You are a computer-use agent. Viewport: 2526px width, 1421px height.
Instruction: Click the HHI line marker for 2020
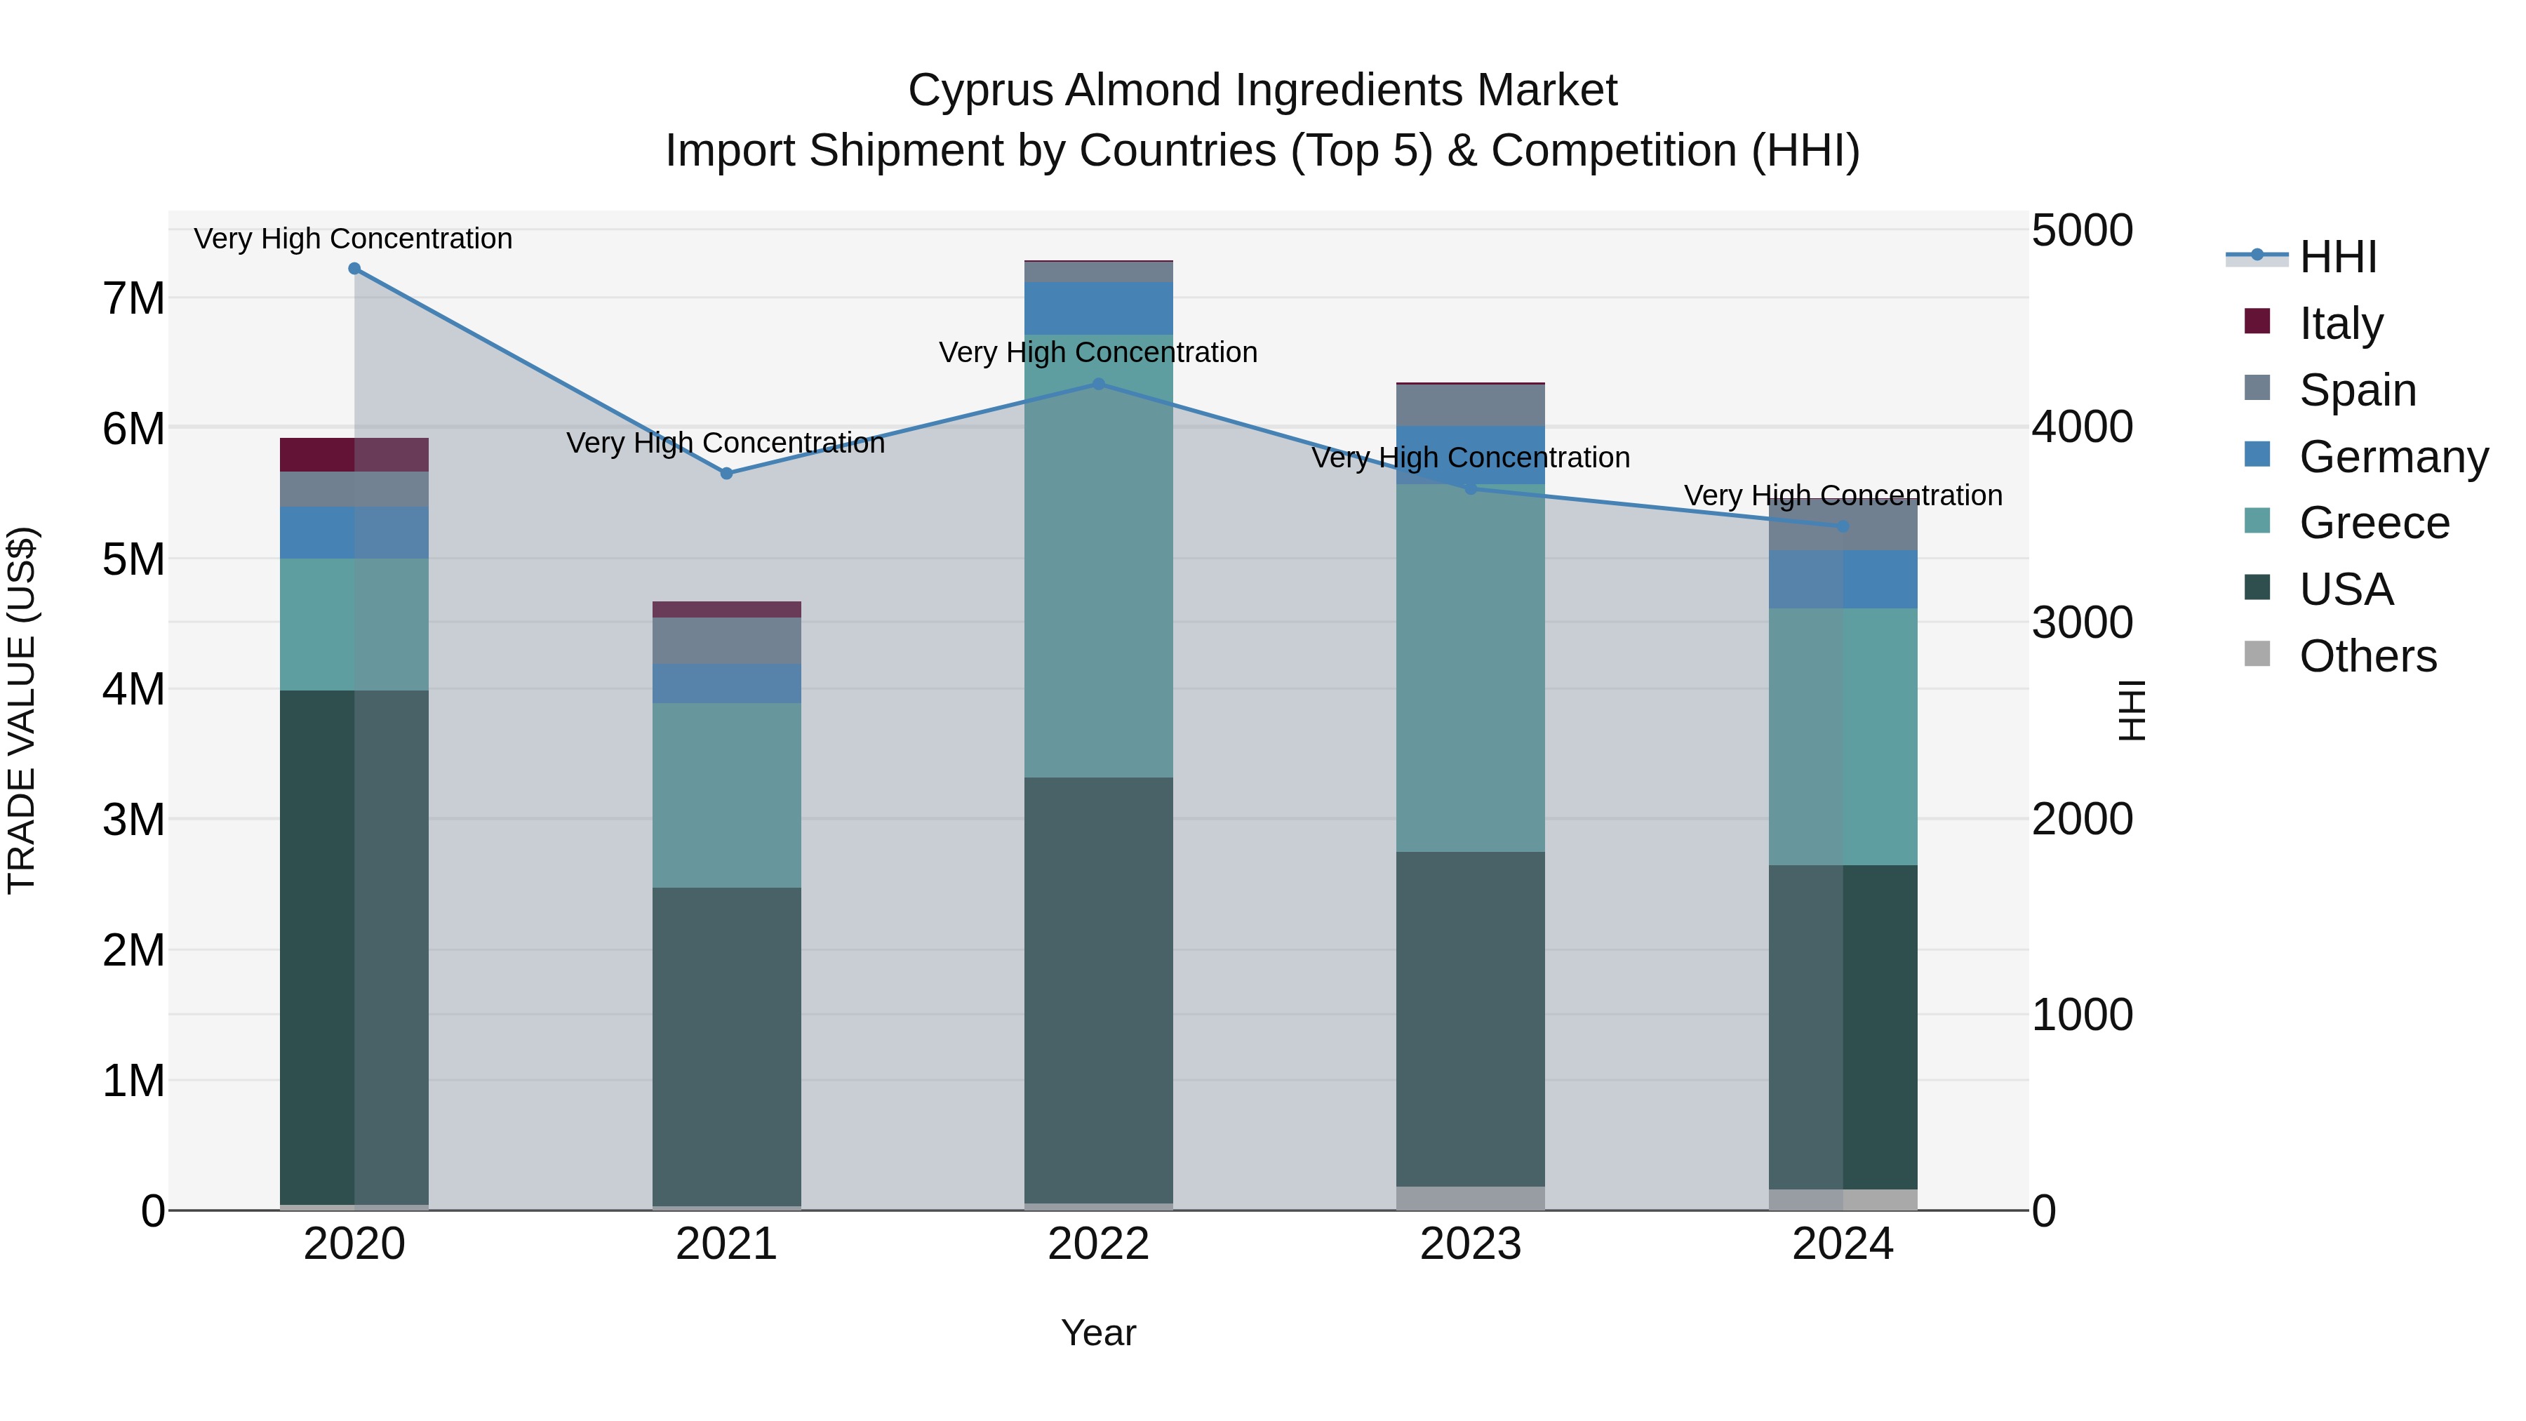(x=354, y=269)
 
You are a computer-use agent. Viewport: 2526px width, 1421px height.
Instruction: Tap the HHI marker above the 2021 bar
(x=727, y=474)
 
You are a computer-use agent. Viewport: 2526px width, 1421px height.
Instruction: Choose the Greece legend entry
(x=2373, y=523)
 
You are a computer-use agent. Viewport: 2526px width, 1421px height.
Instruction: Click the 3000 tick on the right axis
(x=2082, y=622)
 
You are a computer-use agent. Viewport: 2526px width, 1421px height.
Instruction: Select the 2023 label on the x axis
(x=1470, y=1244)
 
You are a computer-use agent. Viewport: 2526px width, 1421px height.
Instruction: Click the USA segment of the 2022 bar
(x=1098, y=990)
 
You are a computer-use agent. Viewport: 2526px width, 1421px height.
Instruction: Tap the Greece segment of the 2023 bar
(x=1470, y=667)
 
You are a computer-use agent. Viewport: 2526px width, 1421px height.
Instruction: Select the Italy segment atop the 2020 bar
(x=354, y=455)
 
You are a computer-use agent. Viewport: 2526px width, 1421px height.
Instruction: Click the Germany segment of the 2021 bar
(x=727, y=683)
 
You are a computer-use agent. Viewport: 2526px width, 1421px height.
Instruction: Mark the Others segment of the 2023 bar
(x=1470, y=1199)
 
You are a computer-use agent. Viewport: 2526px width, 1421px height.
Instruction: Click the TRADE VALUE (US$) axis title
(x=22, y=710)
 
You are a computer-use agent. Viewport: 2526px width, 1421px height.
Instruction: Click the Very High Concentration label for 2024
(x=1843, y=496)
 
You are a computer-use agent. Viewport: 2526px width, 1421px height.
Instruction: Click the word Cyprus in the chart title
(x=981, y=91)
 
